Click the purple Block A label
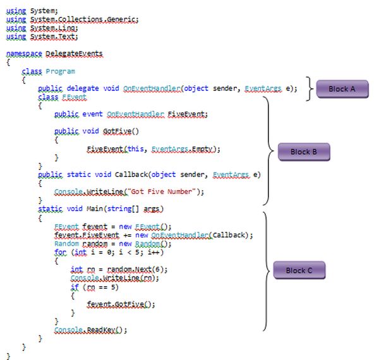(x=342, y=89)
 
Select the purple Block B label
(x=304, y=152)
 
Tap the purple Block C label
(x=299, y=270)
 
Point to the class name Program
(x=60, y=71)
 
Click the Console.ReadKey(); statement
(x=91, y=330)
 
